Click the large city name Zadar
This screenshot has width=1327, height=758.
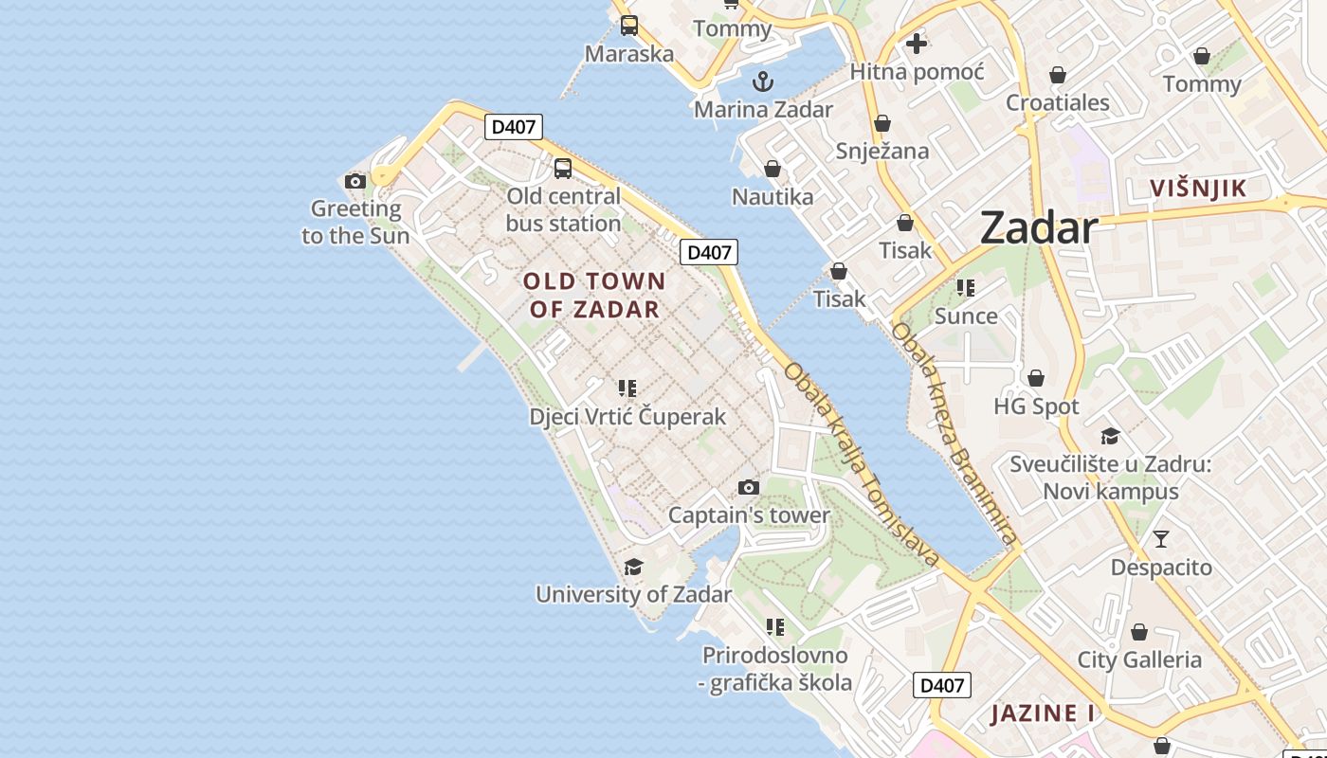pyautogui.click(x=1039, y=228)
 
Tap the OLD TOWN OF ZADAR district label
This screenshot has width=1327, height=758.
pyautogui.click(x=594, y=295)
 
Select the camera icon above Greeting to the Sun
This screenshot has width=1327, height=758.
pyautogui.click(x=355, y=181)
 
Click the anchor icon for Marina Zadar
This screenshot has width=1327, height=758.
pyautogui.click(x=763, y=81)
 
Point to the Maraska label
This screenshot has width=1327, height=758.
pyautogui.click(x=629, y=54)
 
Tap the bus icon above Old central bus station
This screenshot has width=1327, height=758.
pyautogui.click(x=563, y=169)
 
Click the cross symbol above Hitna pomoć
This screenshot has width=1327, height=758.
pyautogui.click(x=917, y=43)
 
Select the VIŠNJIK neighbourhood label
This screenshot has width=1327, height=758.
pyautogui.click(x=1198, y=189)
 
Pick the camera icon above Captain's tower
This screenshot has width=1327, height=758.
pyautogui.click(x=749, y=487)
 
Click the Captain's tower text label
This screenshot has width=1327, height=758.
pyautogui.click(x=749, y=515)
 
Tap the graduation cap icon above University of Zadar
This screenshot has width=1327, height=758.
pyautogui.click(x=633, y=567)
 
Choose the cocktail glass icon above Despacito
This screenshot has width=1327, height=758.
pyautogui.click(x=1161, y=539)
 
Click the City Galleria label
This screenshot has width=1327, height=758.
pyautogui.click(x=1139, y=659)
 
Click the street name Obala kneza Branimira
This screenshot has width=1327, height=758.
pyautogui.click(x=954, y=435)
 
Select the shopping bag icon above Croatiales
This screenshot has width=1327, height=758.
pyautogui.click(x=1058, y=75)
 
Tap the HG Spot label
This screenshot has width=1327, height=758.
pyautogui.click(x=1036, y=406)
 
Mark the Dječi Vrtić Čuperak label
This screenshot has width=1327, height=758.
pyautogui.click(x=627, y=416)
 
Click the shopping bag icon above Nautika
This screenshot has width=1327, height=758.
pyautogui.click(x=773, y=169)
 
